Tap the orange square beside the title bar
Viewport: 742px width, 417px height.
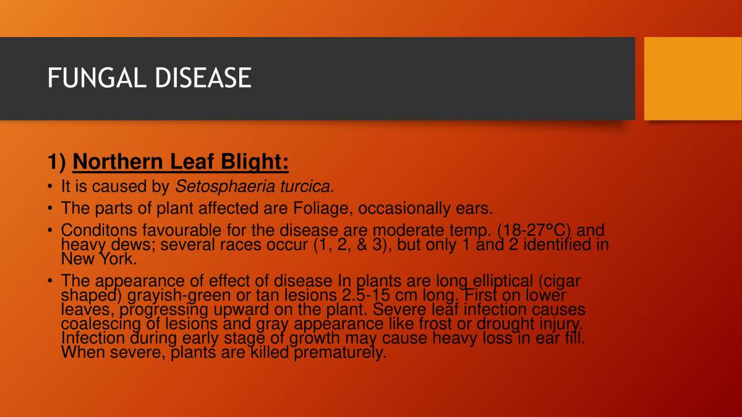[693, 78]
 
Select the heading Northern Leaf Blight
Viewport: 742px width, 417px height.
[181, 162]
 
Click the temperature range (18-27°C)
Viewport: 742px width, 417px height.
[535, 231]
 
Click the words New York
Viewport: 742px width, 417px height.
[98, 258]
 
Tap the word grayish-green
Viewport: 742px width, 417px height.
[179, 295]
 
